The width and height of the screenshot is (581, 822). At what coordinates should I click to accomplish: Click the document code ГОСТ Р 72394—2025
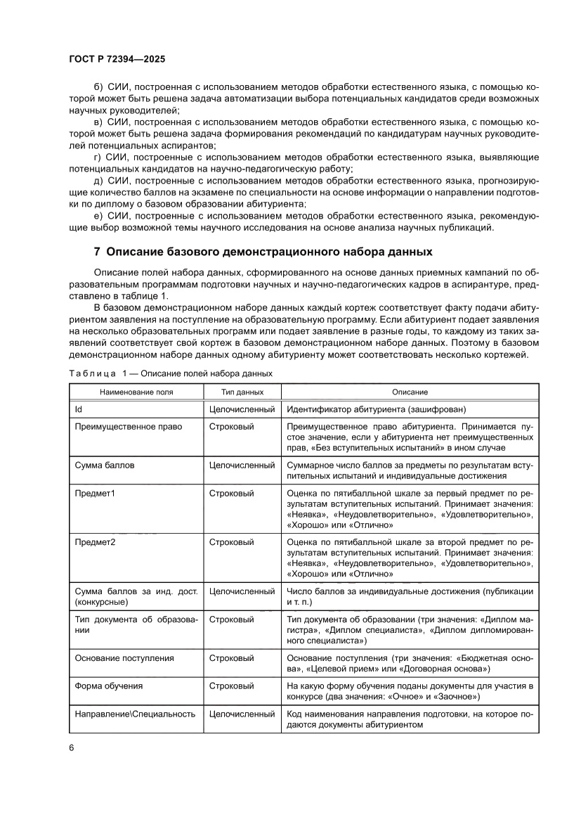click(117, 60)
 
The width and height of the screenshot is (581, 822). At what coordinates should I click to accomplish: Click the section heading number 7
click(98, 252)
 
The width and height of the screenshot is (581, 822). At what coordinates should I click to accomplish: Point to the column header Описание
click(410, 392)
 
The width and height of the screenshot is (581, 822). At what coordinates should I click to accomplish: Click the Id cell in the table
click(79, 409)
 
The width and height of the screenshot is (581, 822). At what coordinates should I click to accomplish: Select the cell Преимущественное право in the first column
click(129, 427)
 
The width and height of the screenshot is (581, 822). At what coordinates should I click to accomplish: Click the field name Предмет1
click(95, 494)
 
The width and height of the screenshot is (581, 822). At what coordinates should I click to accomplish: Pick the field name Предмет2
click(95, 542)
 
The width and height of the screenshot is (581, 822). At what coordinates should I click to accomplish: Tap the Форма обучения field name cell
click(109, 686)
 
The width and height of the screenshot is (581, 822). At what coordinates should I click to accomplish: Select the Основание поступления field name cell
click(124, 658)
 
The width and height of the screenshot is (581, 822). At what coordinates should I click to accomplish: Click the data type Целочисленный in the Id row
click(242, 409)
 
